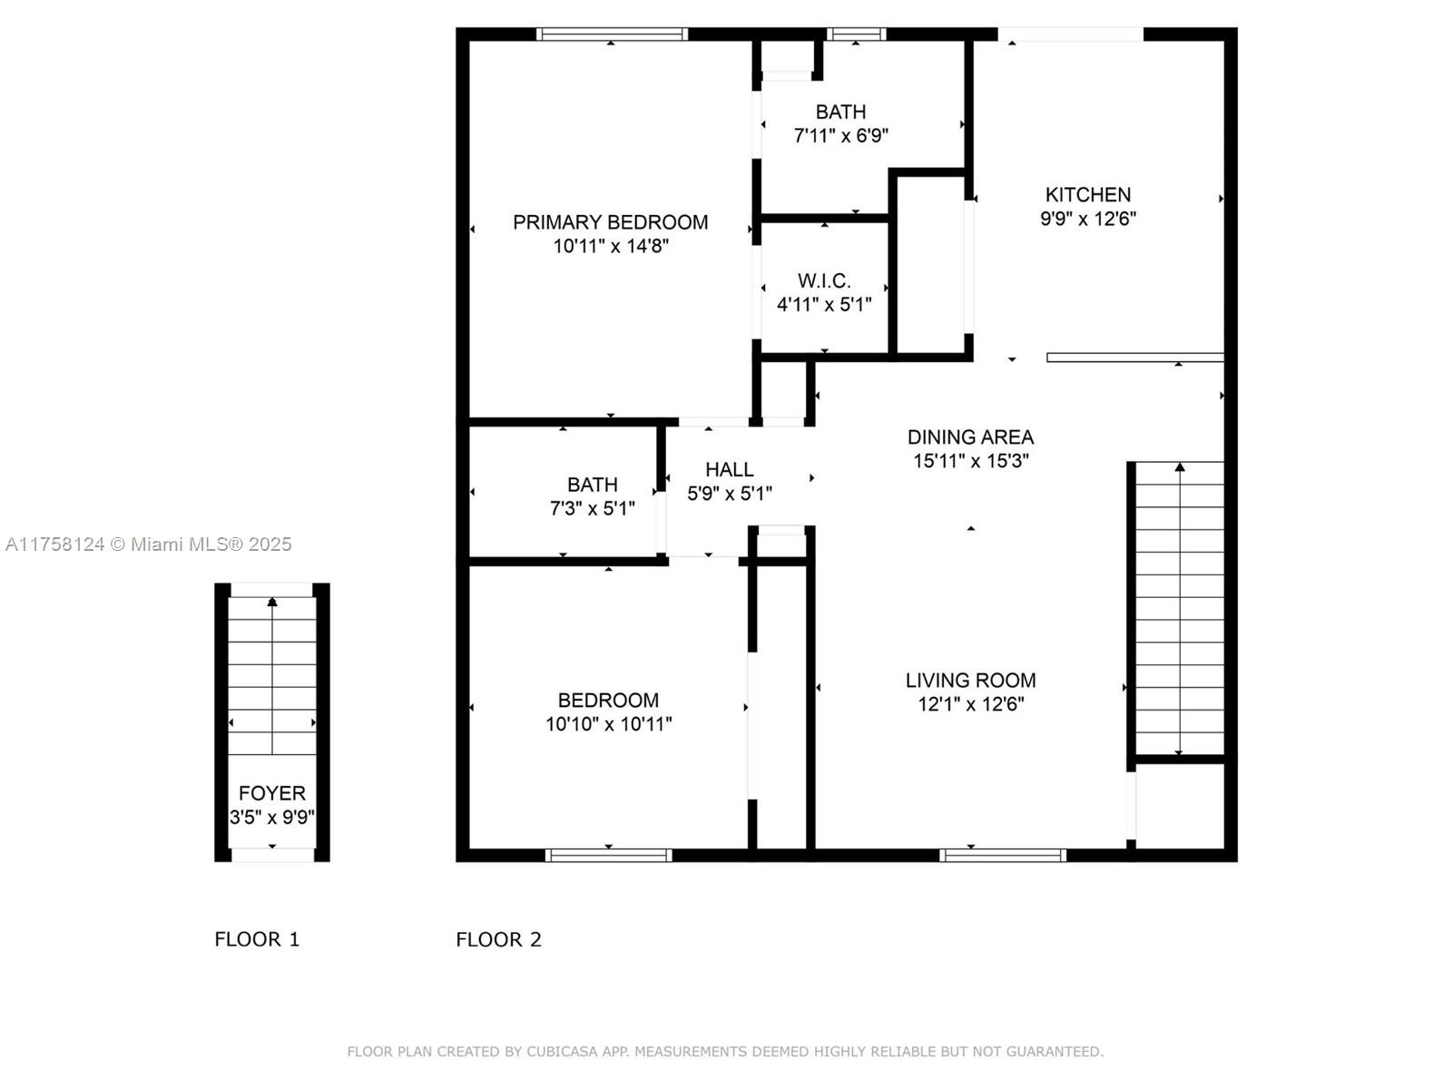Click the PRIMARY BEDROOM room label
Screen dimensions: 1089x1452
pos(610,222)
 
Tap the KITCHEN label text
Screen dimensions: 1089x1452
pos(1087,194)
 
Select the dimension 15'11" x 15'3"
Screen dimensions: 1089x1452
pos(970,461)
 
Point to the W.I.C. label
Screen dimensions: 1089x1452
pos(824,280)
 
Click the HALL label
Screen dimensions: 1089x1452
pos(729,469)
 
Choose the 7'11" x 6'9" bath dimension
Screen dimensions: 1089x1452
pos(840,136)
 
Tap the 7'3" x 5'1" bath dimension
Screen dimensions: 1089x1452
pos(592,509)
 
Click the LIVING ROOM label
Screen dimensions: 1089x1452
pos(970,680)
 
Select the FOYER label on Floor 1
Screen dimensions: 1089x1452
pos(271,793)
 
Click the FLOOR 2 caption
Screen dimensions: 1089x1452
pos(498,939)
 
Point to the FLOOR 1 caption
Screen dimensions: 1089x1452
pos(256,939)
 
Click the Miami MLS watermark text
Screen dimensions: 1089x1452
pos(148,544)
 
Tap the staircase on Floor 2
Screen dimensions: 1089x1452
pos(1179,608)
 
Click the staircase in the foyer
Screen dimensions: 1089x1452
pos(271,676)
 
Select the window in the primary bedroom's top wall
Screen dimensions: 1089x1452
pos(611,34)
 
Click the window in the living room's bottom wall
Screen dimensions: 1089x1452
pos(1002,855)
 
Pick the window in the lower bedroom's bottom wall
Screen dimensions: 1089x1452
pos(608,855)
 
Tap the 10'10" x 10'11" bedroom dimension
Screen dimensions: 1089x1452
pos(608,724)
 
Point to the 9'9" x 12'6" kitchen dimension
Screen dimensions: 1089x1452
pos(1087,219)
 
